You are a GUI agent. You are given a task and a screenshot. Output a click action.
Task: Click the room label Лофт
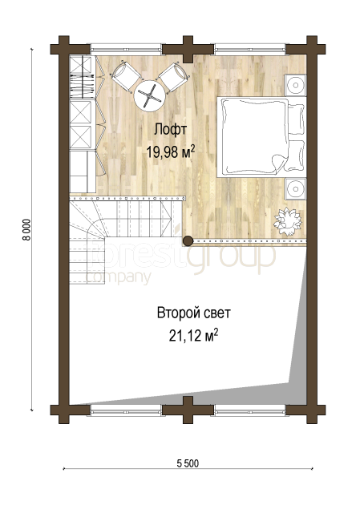coord(170,130)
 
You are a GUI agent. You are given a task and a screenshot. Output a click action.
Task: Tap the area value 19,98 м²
coord(171,151)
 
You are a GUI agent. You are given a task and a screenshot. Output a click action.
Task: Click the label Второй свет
coord(194,313)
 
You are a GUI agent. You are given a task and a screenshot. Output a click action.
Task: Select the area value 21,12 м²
coord(193,336)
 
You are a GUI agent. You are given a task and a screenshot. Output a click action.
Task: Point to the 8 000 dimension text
coord(26,229)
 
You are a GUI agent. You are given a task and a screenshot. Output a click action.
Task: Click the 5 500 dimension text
coord(188,463)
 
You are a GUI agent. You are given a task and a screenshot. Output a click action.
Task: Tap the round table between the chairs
coord(148,95)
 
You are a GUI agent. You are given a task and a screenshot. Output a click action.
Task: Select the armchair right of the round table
coord(174,77)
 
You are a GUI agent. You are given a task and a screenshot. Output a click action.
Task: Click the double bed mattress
coord(253,136)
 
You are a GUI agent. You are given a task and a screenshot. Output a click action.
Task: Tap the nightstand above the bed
coord(295,85)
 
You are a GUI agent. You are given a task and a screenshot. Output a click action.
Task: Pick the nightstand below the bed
coord(295,188)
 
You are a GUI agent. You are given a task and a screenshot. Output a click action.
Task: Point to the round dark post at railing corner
coord(188,240)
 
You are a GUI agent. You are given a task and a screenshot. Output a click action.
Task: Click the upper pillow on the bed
coord(297,119)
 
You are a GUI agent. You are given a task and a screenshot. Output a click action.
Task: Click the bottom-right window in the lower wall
coord(250,410)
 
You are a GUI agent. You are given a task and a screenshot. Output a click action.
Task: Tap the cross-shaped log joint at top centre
coord(188,49)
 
